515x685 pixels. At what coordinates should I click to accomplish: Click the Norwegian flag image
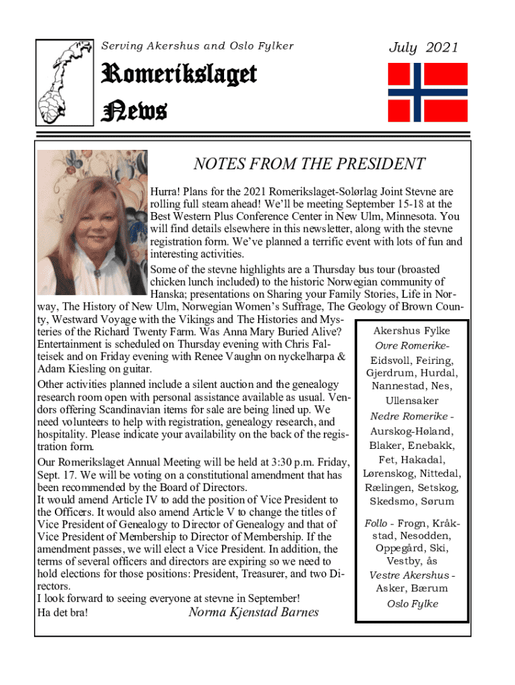click(x=428, y=93)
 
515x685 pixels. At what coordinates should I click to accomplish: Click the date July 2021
click(x=424, y=47)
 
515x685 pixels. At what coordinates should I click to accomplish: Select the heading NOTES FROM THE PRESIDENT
click(x=309, y=165)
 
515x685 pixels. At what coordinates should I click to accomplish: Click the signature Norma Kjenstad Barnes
click(x=253, y=613)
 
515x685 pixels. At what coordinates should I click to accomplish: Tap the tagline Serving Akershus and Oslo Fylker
click(x=197, y=46)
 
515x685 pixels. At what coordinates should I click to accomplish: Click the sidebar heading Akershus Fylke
click(x=411, y=331)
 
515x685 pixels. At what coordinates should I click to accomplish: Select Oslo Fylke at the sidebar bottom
click(x=413, y=603)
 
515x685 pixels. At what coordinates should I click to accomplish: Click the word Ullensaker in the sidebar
click(x=413, y=401)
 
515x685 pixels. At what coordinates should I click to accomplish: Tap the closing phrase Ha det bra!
click(x=62, y=613)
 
